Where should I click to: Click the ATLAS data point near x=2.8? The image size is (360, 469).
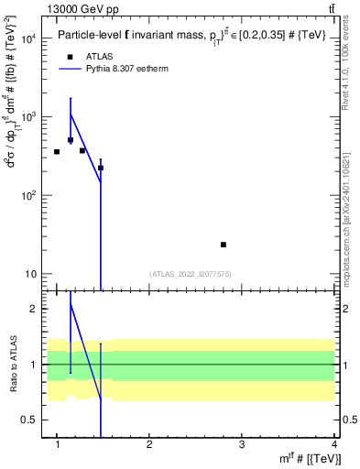click(x=224, y=245)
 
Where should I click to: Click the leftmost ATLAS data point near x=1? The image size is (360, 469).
click(x=57, y=151)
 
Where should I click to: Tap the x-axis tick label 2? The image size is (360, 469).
click(x=150, y=445)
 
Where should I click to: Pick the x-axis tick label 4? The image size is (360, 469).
click(x=334, y=445)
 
